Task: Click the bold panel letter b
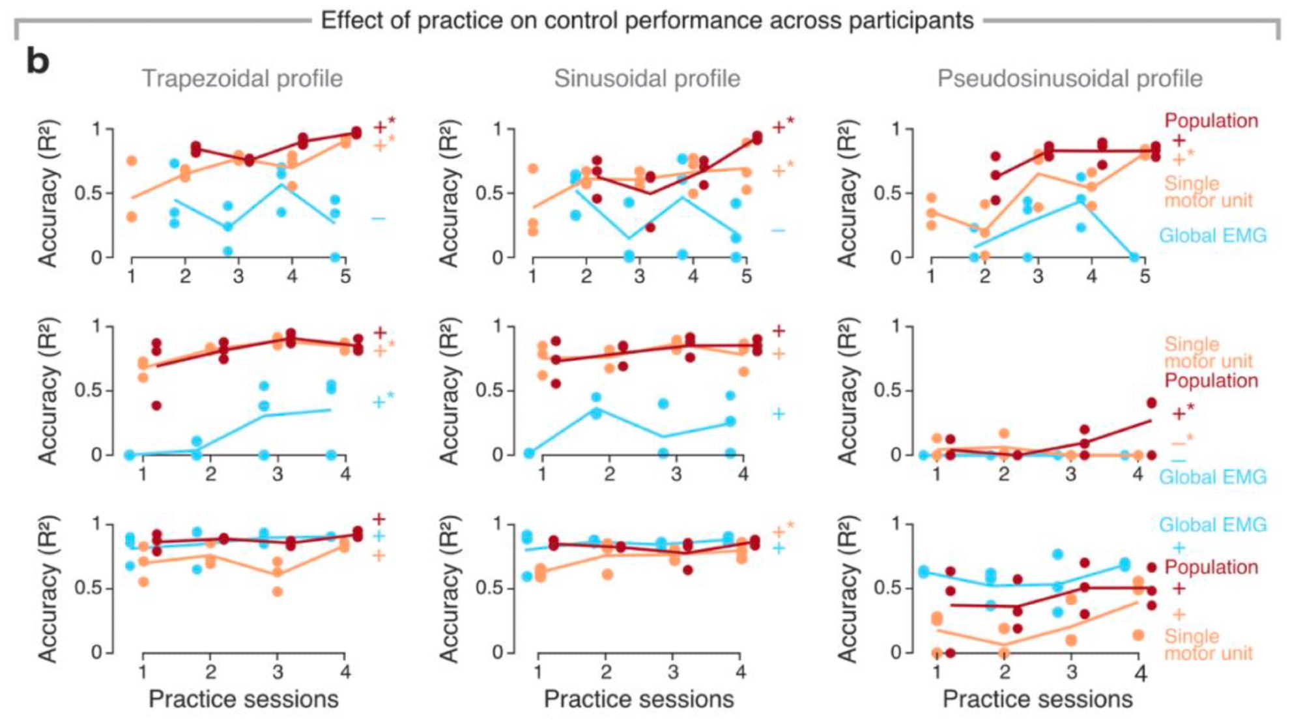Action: pos(38,62)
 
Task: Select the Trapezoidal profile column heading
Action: pos(242,79)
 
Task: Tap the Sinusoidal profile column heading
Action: pos(647,79)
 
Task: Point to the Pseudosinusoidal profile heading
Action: pos(1070,79)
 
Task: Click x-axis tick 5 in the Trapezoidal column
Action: pos(345,276)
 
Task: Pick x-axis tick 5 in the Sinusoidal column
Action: pos(747,276)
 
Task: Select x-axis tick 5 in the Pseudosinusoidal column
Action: pos(1145,276)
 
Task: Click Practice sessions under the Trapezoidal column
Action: pos(244,699)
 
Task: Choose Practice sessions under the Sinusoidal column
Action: pos(638,699)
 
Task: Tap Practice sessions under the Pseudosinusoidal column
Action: pos(1037,699)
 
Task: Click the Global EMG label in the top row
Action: pos(1212,235)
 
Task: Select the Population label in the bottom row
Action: pos(1211,567)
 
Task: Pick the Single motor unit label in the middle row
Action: pos(1209,353)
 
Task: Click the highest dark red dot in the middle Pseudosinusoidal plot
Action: pos(1151,403)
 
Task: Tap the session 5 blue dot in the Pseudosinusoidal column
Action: pos(1134,257)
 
